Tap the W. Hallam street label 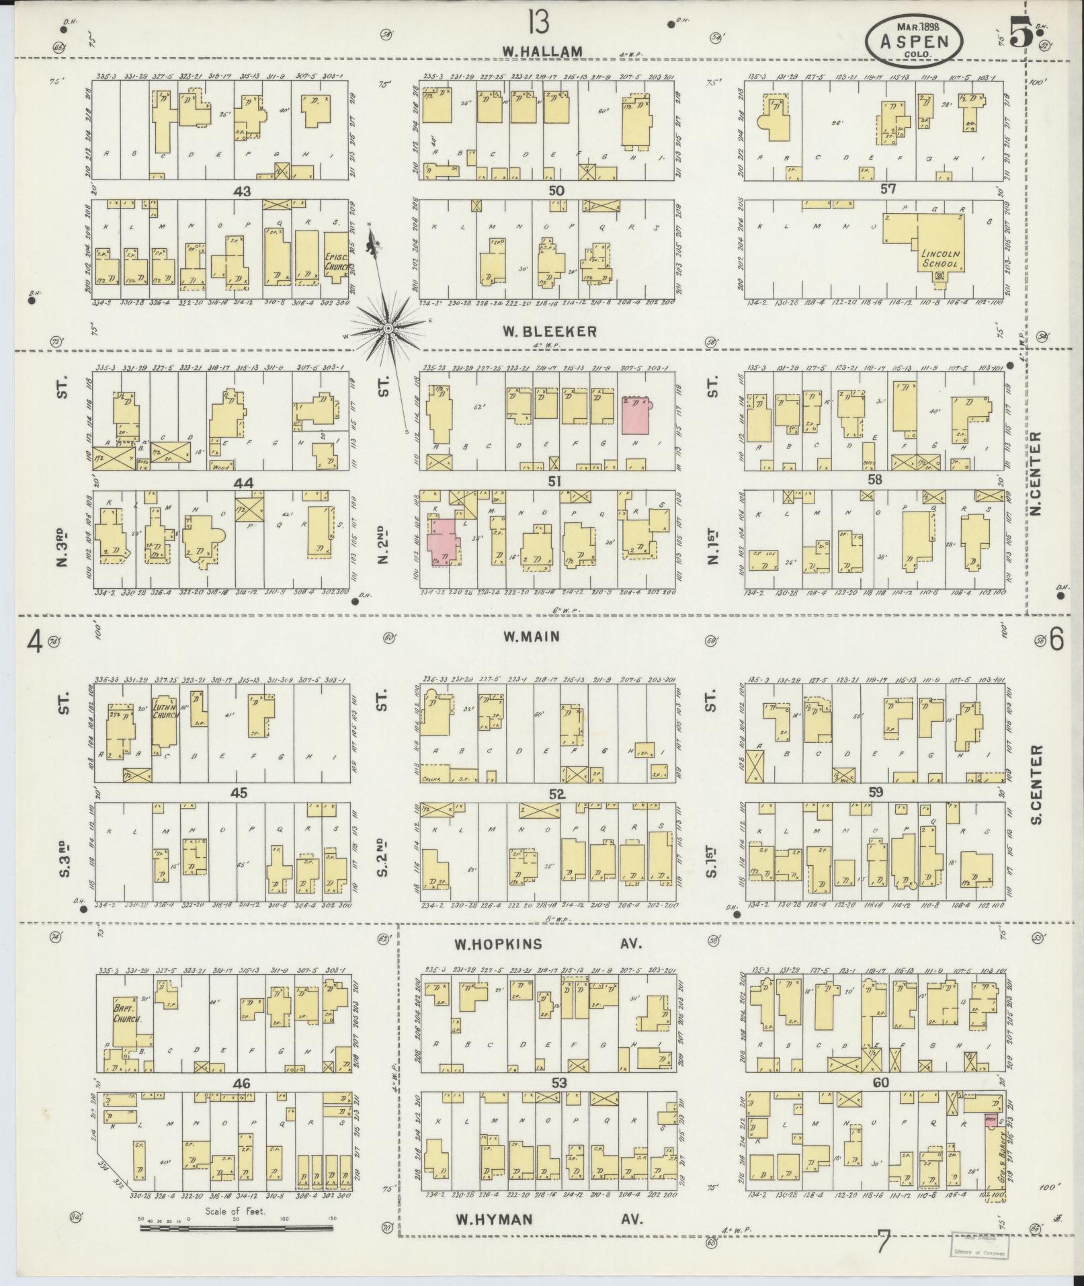coord(540,51)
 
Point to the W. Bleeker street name coord(549,331)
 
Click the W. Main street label coord(530,635)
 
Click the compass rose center coord(388,328)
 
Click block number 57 coord(888,190)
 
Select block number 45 coord(239,793)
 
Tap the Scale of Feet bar coord(237,1228)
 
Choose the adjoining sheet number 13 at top coord(538,24)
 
